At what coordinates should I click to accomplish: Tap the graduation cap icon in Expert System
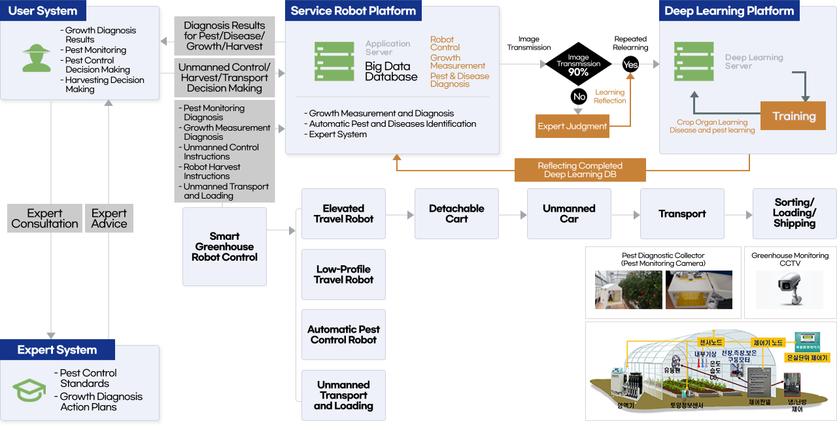[29, 390]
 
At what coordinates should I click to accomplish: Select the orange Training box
[793, 116]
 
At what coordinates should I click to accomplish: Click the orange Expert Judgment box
[572, 126]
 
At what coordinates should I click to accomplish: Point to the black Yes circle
[630, 64]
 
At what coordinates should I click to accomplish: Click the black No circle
[579, 97]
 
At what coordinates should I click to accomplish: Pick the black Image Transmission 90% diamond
[578, 64]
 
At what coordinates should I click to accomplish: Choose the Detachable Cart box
[456, 214]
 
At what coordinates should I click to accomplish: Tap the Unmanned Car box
[569, 214]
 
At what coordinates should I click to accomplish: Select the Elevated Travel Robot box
[343, 214]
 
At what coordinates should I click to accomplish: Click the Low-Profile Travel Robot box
[343, 274]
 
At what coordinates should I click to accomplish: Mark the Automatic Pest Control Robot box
[343, 335]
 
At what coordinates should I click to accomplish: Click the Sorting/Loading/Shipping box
[794, 214]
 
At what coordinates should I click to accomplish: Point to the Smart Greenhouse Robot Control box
[224, 246]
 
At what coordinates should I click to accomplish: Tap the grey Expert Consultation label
[44, 218]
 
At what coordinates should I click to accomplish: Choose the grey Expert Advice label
[109, 218]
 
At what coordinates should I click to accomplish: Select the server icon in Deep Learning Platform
[694, 61]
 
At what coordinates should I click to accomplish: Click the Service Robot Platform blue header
[353, 10]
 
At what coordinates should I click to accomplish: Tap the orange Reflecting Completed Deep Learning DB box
[580, 170]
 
